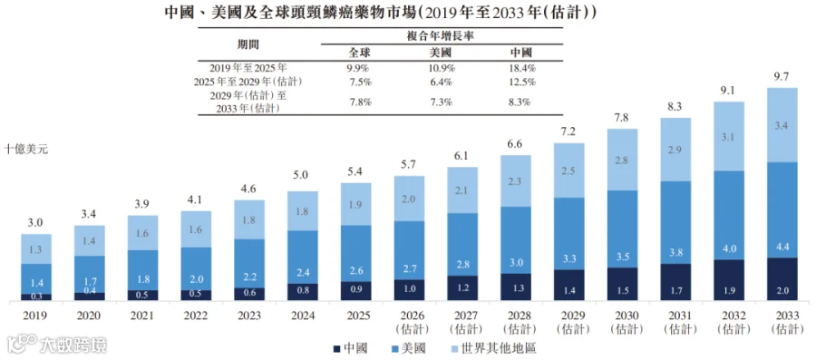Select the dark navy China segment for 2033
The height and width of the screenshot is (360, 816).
click(x=782, y=279)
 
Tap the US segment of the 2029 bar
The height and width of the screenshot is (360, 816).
click(x=568, y=234)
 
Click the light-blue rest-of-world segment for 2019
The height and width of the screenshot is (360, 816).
click(x=36, y=249)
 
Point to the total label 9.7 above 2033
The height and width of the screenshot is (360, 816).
click(x=782, y=77)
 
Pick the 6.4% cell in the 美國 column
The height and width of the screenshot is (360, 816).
click(x=442, y=83)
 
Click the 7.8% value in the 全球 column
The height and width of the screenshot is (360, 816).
click(x=361, y=102)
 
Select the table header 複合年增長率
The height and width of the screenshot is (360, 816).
click(x=442, y=36)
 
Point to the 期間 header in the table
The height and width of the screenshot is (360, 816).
click(x=248, y=44)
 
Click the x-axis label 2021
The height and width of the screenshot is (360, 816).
click(x=143, y=316)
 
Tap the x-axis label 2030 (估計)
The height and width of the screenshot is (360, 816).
click(x=622, y=323)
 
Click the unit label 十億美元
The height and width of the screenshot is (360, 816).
click(x=26, y=149)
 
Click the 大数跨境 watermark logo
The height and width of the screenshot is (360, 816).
click(x=56, y=345)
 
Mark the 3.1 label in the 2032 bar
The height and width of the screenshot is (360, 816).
click(x=729, y=137)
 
